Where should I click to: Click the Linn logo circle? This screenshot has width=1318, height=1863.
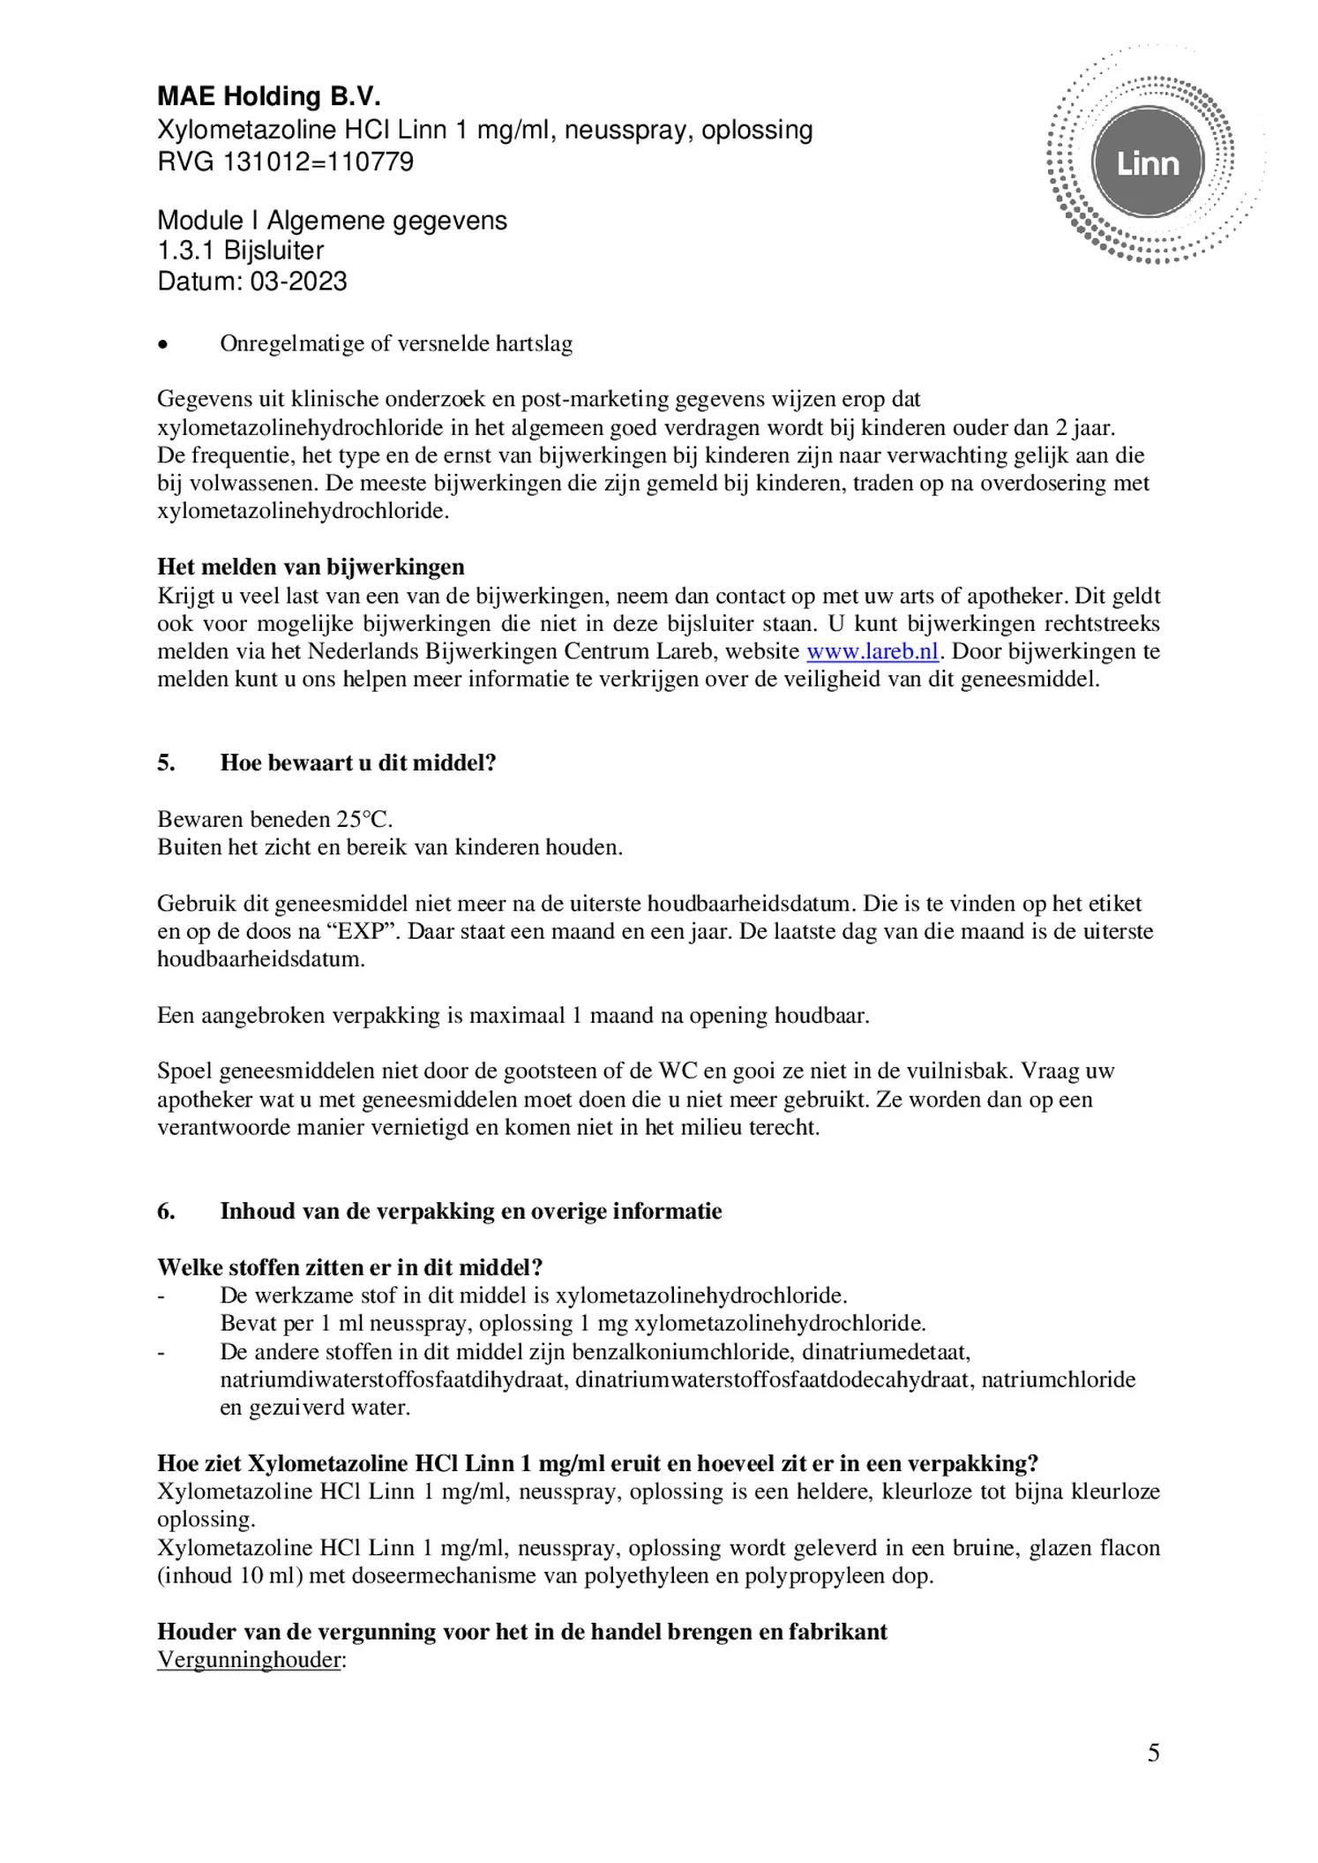coord(1147,164)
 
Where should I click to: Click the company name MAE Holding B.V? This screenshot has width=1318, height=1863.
coord(269,96)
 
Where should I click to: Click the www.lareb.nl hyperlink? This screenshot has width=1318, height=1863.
coord(872,651)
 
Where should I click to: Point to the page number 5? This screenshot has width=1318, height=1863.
coord(1153,1754)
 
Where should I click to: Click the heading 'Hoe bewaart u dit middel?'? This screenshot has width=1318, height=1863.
coord(358,762)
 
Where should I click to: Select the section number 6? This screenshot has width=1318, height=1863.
coord(166,1211)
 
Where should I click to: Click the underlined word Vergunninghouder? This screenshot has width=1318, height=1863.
coord(250,1660)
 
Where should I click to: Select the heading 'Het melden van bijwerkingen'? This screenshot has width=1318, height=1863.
coord(311,567)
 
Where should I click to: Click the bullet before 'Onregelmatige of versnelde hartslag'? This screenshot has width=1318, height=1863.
coord(161,345)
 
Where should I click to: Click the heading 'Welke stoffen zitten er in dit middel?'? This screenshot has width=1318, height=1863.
coord(349,1267)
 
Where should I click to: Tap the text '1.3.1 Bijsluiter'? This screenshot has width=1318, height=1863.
coord(241,251)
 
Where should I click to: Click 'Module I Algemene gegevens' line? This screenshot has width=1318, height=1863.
coord(332,221)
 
